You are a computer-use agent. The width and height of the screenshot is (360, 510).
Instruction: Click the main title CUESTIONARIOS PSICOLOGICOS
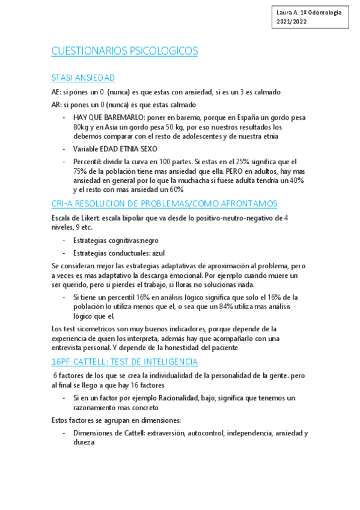[125, 51]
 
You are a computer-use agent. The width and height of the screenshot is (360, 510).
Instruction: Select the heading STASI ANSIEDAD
[84, 78]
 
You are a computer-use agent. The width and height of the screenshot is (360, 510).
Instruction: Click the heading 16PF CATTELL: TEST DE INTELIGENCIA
[124, 361]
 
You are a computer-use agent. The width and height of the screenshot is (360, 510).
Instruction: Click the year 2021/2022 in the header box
[291, 21]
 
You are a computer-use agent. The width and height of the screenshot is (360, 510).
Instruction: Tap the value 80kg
[82, 127]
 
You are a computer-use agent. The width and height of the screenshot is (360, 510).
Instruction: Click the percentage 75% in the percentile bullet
[82, 171]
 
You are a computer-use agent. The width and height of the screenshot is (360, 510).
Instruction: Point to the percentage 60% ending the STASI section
[175, 189]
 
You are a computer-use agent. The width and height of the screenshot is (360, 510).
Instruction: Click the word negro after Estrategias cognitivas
[147, 240]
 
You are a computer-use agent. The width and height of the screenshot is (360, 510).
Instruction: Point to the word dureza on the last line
[84, 442]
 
